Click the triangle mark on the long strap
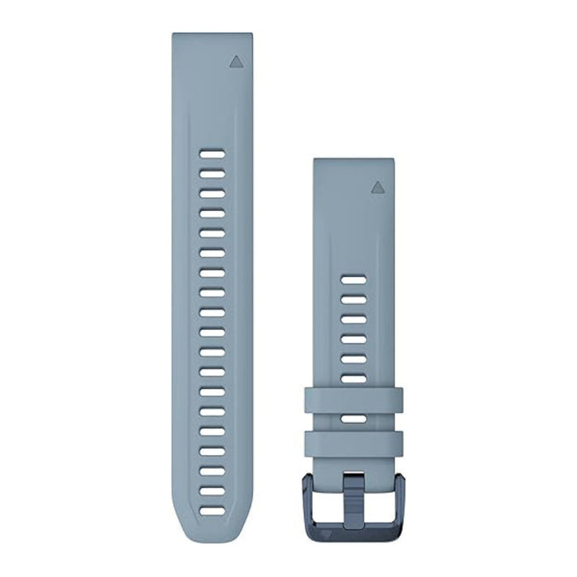[236, 60]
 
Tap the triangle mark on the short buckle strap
[377, 186]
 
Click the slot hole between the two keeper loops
[354, 418]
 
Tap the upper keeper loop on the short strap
[354, 399]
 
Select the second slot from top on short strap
[354, 300]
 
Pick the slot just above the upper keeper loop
[354, 378]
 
